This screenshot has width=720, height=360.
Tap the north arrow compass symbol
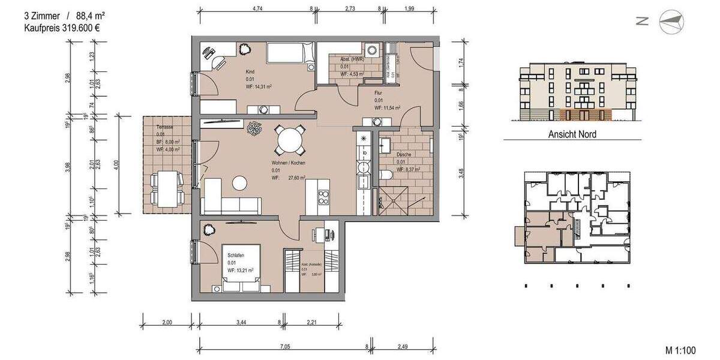(671, 22)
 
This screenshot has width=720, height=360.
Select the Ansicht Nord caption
(572, 134)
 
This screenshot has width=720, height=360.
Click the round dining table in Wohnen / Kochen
(290, 142)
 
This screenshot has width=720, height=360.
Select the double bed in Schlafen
(242, 266)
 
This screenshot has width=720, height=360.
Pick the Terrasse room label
(164, 127)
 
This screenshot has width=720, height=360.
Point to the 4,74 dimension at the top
(258, 9)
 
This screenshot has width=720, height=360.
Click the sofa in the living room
(231, 196)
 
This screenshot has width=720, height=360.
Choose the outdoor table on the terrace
(166, 187)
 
